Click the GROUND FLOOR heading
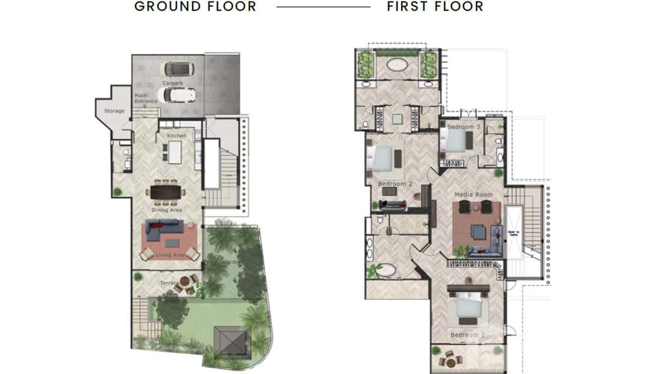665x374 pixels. click(195, 6)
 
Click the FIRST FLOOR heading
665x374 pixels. click(435, 6)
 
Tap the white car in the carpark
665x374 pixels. click(176, 94)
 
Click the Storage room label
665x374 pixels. click(114, 111)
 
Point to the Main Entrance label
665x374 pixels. click(145, 98)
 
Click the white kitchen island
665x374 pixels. click(175, 152)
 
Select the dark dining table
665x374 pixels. click(166, 192)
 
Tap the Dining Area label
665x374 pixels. click(166, 210)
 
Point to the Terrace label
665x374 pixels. click(169, 283)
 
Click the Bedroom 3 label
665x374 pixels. click(463, 127)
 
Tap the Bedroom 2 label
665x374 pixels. click(395, 184)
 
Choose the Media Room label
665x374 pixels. click(474, 194)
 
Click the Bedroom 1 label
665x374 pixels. click(467, 335)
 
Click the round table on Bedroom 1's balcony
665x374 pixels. click(450, 359)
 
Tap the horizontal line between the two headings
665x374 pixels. click(323, 7)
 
